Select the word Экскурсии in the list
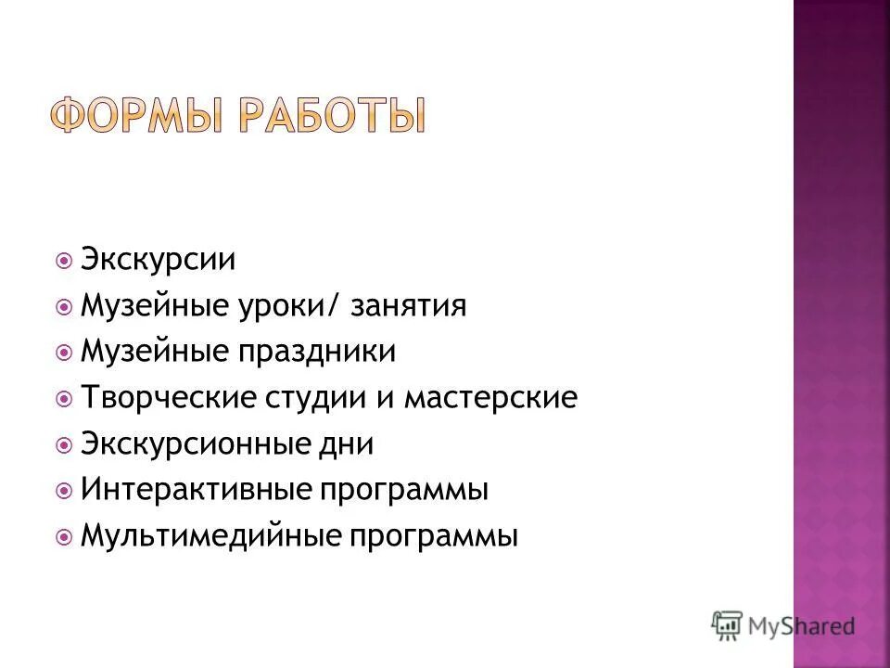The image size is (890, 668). coord(158,260)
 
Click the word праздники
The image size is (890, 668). coord(317,353)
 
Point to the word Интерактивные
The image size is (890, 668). coord(192,490)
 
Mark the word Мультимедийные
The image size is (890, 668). coord(206,536)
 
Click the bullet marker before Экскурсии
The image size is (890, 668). coord(64,260)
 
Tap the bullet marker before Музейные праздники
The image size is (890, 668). coord(64,353)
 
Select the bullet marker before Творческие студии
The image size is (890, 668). coord(64,399)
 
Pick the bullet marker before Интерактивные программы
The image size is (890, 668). coord(64,491)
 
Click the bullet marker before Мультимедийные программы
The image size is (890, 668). coord(64,536)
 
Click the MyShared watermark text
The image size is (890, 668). coord(804,626)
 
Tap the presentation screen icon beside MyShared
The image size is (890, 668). coord(729,624)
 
